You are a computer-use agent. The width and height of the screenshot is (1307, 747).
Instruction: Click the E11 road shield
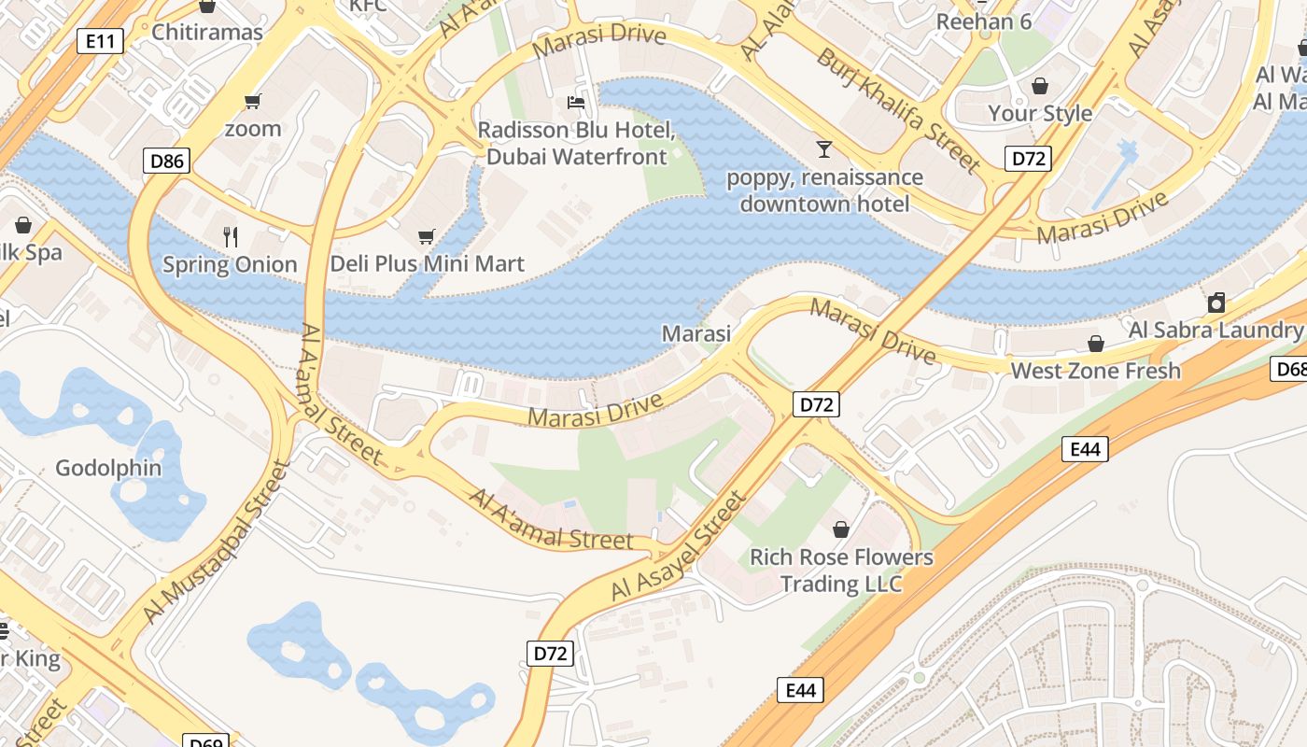[100, 40]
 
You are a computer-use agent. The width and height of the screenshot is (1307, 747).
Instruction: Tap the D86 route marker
[167, 161]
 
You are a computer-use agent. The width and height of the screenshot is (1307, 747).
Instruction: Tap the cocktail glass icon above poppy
[823, 148]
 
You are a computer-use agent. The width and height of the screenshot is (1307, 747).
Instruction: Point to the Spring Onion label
[230, 264]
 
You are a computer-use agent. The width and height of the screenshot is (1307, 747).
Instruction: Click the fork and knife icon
[231, 237]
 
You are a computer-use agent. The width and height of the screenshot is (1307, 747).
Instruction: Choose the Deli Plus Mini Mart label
[427, 263]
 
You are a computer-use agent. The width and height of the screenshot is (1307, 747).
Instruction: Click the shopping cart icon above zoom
[252, 101]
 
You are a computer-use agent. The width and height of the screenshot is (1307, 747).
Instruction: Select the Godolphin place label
[108, 468]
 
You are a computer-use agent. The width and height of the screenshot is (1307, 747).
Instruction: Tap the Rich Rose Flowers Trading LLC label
[841, 571]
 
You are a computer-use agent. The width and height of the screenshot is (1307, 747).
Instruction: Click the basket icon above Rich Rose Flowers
[841, 529]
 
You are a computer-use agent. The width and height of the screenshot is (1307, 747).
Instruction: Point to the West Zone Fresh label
[1095, 371]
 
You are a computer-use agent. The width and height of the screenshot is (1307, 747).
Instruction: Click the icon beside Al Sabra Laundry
[1216, 303]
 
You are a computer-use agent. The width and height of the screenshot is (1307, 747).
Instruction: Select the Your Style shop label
[1040, 113]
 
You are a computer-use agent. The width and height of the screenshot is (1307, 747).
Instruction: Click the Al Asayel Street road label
[680, 546]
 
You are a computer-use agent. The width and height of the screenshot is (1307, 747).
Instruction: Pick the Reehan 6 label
[983, 21]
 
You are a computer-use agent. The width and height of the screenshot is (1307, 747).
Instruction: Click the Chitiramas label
[207, 32]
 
